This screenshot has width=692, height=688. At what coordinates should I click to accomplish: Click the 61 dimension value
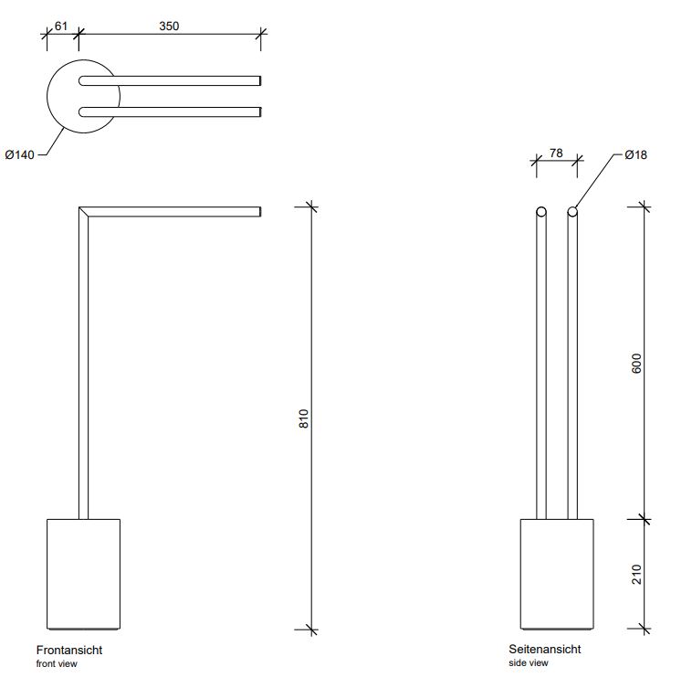[61, 26]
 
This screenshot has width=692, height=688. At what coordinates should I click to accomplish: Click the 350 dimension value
[169, 26]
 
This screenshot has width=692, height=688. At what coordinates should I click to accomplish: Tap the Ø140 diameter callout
[19, 155]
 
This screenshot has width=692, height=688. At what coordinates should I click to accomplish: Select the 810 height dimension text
[304, 418]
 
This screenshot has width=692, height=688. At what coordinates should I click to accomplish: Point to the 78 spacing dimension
[556, 153]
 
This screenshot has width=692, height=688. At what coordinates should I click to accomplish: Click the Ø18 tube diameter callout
[636, 155]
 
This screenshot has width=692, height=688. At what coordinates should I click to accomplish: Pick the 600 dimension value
[636, 364]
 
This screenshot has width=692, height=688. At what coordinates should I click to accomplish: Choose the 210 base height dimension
[636, 574]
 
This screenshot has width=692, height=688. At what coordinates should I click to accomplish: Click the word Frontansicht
[69, 650]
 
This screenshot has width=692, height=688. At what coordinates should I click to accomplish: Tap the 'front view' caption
[57, 663]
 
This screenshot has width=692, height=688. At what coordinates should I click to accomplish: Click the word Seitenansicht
[545, 649]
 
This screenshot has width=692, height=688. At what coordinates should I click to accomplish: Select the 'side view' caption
[529, 662]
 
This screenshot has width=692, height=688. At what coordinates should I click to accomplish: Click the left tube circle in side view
[541, 212]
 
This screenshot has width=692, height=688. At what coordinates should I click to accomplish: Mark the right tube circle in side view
[572, 212]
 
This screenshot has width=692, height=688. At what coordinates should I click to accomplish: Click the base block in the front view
[83, 574]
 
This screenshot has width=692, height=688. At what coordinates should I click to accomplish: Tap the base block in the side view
[557, 574]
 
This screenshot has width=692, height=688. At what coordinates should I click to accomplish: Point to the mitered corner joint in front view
[83, 212]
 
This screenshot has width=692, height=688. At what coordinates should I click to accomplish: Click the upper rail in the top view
[170, 80]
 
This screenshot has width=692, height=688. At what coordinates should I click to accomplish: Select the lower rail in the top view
[170, 112]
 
